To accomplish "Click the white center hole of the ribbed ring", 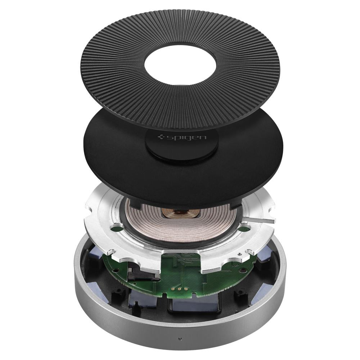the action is (180, 62).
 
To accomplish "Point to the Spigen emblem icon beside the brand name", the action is (161, 138).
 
